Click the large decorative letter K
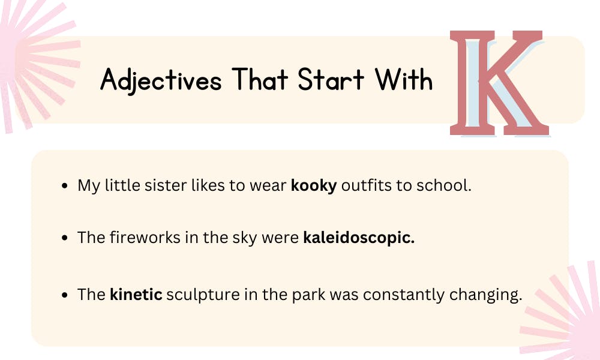tap(500, 84)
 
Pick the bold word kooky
tap(314, 186)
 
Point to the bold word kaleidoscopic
tap(359, 238)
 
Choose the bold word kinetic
tap(136, 295)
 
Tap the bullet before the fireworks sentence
tap(65, 238)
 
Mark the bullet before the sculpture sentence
tap(65, 295)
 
